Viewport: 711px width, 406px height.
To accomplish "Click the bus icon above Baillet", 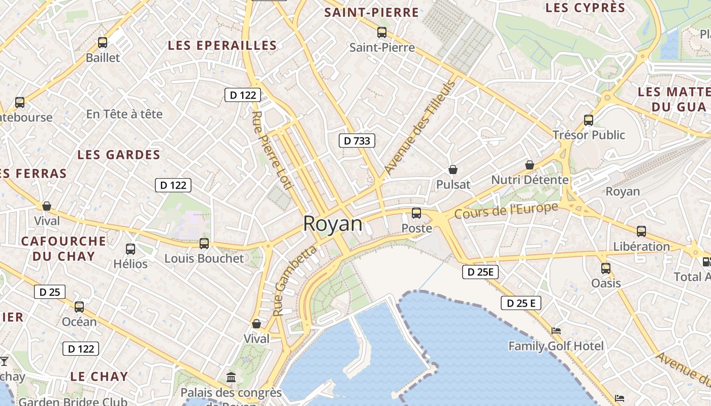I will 103,43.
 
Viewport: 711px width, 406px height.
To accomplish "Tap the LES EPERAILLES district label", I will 222,46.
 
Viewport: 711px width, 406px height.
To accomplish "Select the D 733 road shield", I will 357,141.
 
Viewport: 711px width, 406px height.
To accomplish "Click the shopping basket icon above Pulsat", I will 453,170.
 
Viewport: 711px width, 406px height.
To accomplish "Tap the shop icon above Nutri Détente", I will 530,165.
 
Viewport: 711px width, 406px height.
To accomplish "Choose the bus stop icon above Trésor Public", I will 589,120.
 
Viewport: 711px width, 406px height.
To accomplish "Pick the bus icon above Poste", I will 416,213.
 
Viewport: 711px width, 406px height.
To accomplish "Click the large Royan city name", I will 333,224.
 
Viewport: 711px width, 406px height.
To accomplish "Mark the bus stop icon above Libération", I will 641,231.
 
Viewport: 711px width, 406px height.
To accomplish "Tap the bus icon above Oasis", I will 605,268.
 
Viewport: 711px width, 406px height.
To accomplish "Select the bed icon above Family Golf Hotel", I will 556,331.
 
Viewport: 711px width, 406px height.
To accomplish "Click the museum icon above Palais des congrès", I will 232,377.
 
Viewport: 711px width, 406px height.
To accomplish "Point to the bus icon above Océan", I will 79,307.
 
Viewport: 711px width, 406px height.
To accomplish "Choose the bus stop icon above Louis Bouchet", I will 204,244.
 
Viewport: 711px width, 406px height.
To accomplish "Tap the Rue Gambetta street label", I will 294,281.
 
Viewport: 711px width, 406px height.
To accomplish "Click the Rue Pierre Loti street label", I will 272,150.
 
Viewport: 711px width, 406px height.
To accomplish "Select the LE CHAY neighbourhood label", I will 99,377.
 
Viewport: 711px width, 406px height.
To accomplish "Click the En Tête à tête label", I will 124,114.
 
